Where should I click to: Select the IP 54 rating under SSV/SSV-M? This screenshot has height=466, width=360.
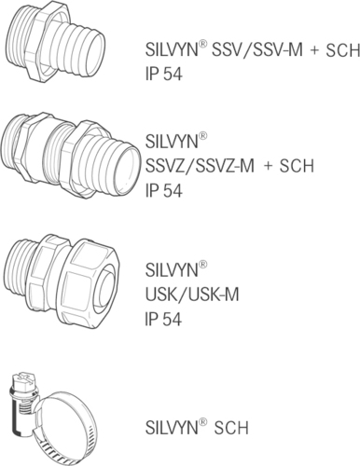(162, 73)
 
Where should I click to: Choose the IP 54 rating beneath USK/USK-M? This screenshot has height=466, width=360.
(162, 319)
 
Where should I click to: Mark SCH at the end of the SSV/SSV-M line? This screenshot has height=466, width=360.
(339, 51)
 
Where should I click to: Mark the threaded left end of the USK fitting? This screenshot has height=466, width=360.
(21, 276)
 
